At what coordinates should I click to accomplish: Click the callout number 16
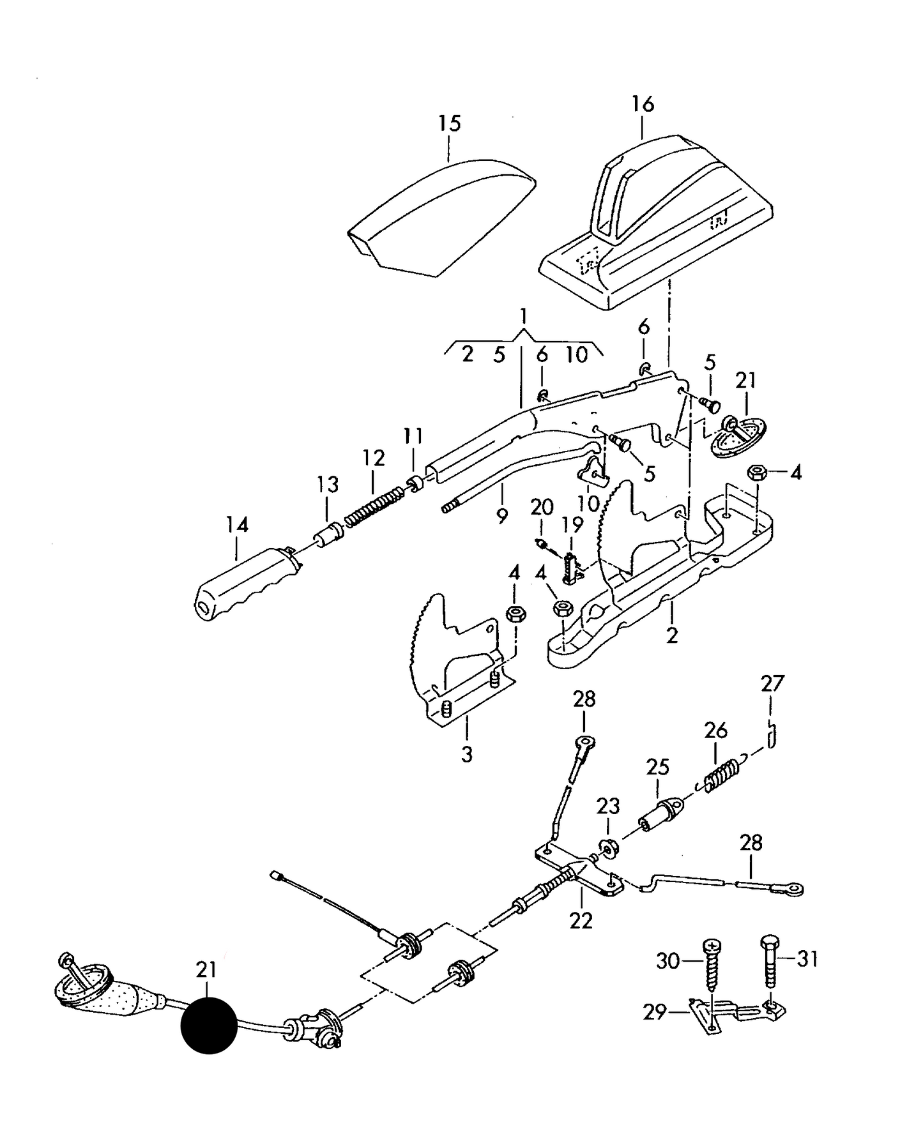[643, 104]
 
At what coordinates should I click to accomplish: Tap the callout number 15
[450, 123]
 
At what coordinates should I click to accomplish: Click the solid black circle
[209, 1026]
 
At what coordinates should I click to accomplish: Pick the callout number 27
[772, 684]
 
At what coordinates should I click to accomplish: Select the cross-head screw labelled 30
[711, 971]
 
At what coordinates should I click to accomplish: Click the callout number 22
[581, 921]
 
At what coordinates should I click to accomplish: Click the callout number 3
[467, 754]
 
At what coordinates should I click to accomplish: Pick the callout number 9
[501, 516]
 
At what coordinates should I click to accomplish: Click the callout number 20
[542, 508]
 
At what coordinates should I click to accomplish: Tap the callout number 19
[572, 525]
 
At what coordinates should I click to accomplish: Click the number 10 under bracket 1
[576, 354]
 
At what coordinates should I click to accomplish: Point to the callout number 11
[413, 436]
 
